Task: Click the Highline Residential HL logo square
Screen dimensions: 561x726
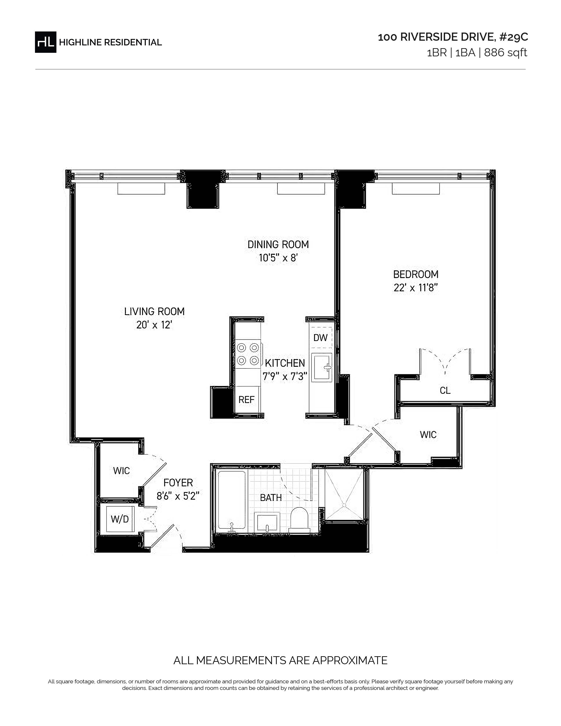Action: (46, 42)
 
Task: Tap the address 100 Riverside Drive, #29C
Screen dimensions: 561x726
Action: (453, 37)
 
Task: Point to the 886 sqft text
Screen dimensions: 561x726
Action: (506, 53)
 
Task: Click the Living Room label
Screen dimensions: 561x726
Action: (154, 312)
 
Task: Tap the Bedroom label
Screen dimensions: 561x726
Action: (416, 274)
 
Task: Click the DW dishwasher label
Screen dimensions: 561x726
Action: (320, 338)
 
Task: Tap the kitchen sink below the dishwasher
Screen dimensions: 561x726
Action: (322, 367)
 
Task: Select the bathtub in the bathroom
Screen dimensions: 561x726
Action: (232, 501)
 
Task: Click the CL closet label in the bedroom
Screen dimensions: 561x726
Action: (445, 390)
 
